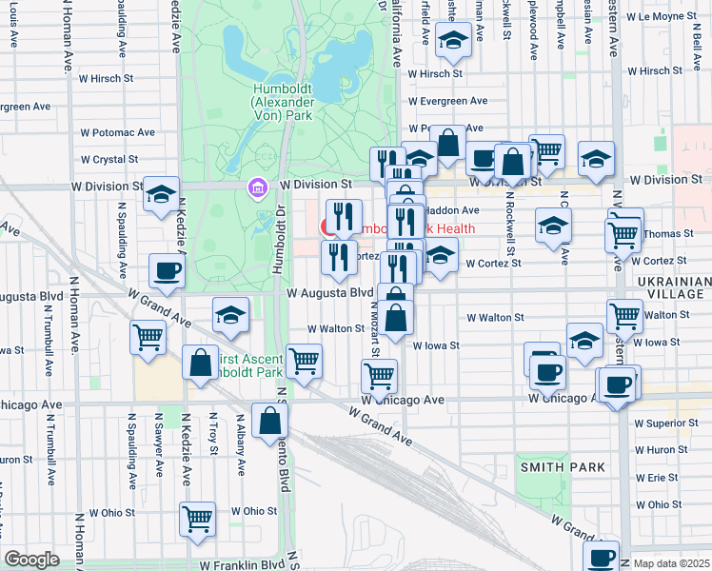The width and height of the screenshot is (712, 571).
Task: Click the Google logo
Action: pyautogui.click(x=31, y=560)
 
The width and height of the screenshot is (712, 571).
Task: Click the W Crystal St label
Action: pyautogui.click(x=109, y=159)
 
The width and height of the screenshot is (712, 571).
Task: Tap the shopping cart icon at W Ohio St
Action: pyautogui.click(x=197, y=519)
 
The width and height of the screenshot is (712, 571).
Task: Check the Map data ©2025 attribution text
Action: pyautogui.click(x=672, y=563)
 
